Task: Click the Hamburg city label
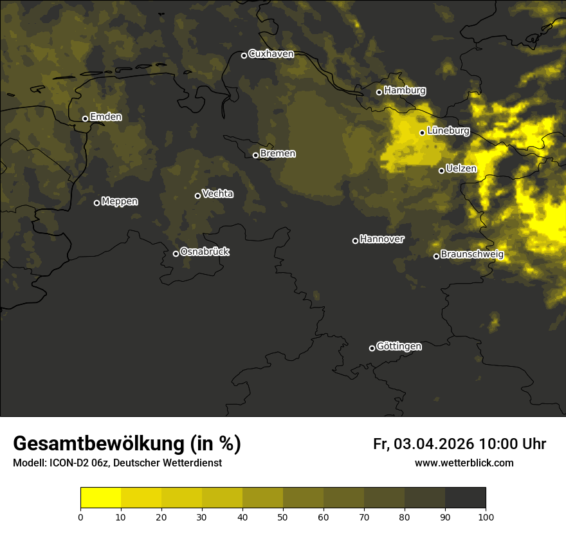[405, 91]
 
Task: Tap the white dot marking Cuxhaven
[244, 55]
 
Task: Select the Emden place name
[105, 117]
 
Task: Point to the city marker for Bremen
[255, 155]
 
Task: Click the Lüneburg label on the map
[448, 131]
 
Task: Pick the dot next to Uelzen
[441, 170]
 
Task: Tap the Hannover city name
[382, 239]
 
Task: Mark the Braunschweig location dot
[436, 256]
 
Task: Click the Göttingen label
[399, 347]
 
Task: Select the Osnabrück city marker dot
[176, 253]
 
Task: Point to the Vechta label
[217, 194]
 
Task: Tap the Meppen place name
[120, 201]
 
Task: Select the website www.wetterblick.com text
[464, 463]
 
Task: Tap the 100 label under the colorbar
[486, 516]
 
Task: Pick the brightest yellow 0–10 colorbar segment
[101, 498]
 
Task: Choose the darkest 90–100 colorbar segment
[465, 498]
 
